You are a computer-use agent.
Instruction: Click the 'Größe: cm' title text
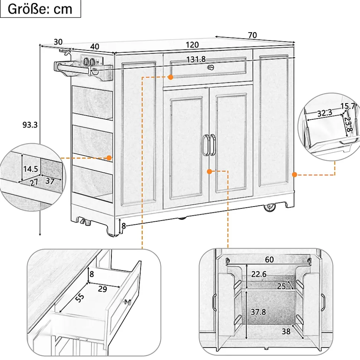coord(40,9)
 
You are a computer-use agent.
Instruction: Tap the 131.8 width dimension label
coord(196,60)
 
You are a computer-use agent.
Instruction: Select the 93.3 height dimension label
coord(30,125)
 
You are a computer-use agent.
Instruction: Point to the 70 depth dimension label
coord(252,35)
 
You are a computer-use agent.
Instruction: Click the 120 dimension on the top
coord(192,45)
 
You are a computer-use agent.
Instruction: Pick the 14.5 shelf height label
coord(30,169)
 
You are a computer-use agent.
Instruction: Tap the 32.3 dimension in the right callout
coord(325,113)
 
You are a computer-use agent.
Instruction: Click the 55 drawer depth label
coord(80,298)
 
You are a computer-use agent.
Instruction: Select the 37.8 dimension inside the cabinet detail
coord(258,312)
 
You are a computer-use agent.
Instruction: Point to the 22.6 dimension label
coord(259,274)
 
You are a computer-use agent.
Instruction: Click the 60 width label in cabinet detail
coord(269,260)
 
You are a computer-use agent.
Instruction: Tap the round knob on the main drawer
coord(210,67)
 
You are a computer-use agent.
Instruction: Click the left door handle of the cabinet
coord(205,145)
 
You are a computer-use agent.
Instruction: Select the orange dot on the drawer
coord(171,77)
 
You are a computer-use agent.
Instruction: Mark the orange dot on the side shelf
coord(109,158)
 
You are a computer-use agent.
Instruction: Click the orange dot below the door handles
coord(209,171)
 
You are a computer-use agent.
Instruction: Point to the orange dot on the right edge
coord(294,175)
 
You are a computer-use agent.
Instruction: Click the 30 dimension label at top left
coord(58,42)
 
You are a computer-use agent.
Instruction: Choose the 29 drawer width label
coord(102,289)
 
